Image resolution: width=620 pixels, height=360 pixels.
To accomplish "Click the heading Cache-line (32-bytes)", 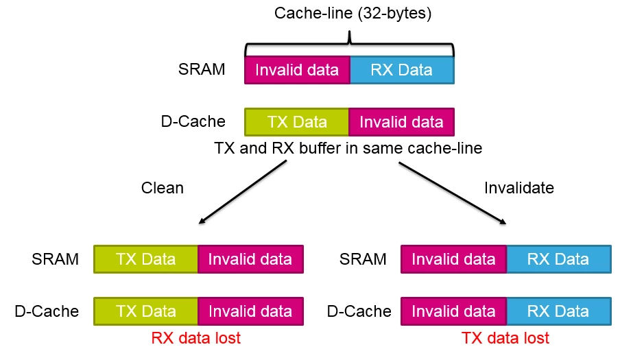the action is (353, 14).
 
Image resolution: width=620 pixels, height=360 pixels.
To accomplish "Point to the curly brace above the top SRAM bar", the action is (350, 43).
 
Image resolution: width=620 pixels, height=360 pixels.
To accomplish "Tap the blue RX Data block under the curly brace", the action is (402, 70).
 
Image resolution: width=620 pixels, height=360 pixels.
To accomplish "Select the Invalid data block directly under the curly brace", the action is (297, 70).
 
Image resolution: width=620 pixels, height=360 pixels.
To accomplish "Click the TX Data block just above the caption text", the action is (296, 122).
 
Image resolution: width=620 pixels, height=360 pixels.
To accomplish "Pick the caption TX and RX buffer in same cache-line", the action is (348, 149).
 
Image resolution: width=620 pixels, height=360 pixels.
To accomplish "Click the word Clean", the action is (162, 188).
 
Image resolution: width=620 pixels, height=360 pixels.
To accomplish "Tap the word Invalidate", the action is (518, 188).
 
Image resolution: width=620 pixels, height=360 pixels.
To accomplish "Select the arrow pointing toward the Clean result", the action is (242, 192).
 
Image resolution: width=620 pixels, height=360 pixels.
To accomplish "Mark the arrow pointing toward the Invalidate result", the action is (453, 193).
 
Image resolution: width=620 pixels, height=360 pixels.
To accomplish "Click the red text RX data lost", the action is (195, 338).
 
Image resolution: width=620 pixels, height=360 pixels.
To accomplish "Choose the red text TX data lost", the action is (505, 338).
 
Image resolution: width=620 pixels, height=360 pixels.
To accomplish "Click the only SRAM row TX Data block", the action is (145, 259).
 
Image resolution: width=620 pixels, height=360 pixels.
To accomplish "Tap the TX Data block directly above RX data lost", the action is (145, 311).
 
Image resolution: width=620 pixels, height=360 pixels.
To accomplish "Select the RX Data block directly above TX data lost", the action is (559, 311).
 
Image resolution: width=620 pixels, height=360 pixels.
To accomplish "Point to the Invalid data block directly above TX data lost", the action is (453, 311).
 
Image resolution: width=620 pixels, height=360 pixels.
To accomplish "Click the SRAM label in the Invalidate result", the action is (363, 259).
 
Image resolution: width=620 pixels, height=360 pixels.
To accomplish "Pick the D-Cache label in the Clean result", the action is (47, 311).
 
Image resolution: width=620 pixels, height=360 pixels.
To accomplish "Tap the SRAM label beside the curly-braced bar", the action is (201, 69).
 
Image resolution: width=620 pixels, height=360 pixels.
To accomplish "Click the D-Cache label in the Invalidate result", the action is (359, 311).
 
